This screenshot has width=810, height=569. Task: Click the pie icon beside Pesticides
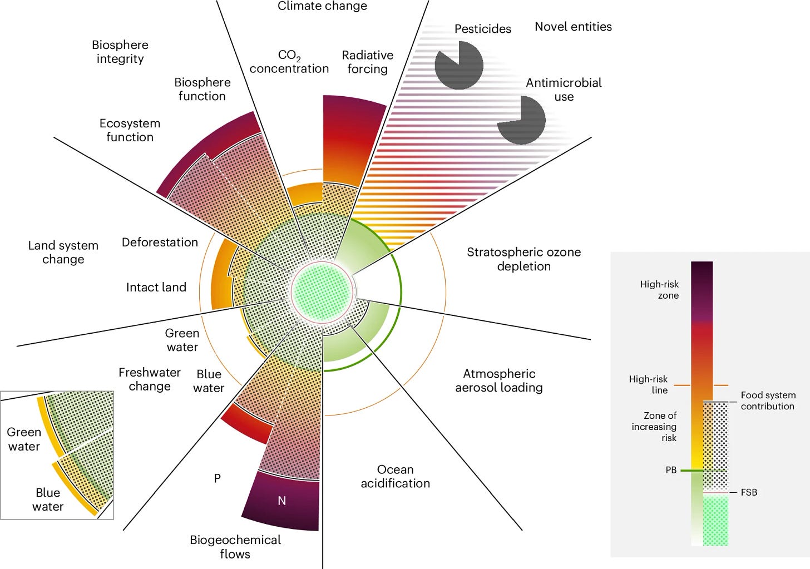click(x=459, y=65)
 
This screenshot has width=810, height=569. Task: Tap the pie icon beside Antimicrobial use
click(x=521, y=120)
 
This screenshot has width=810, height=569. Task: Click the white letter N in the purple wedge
click(x=282, y=501)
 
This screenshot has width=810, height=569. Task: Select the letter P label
click(x=218, y=478)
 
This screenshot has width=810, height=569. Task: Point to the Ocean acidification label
click(x=395, y=477)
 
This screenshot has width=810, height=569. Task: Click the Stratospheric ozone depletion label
click(x=523, y=259)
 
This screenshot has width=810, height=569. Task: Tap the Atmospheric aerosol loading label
click(x=498, y=380)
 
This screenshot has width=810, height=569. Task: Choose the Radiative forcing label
click(x=367, y=62)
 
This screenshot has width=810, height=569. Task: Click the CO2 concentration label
click(x=289, y=62)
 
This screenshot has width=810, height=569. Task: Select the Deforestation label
click(x=160, y=243)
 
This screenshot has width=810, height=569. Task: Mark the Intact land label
click(x=156, y=288)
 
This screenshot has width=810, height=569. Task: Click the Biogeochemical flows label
click(x=235, y=547)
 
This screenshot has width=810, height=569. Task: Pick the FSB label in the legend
click(x=749, y=492)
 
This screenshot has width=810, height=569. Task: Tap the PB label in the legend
click(x=671, y=471)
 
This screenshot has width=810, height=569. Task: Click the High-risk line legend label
click(x=649, y=384)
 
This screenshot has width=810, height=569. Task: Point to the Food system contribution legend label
click(x=768, y=400)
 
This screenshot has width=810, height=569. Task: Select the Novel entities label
click(x=573, y=27)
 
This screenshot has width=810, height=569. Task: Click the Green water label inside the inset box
click(x=24, y=439)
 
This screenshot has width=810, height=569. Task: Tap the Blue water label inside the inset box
click(x=48, y=499)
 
